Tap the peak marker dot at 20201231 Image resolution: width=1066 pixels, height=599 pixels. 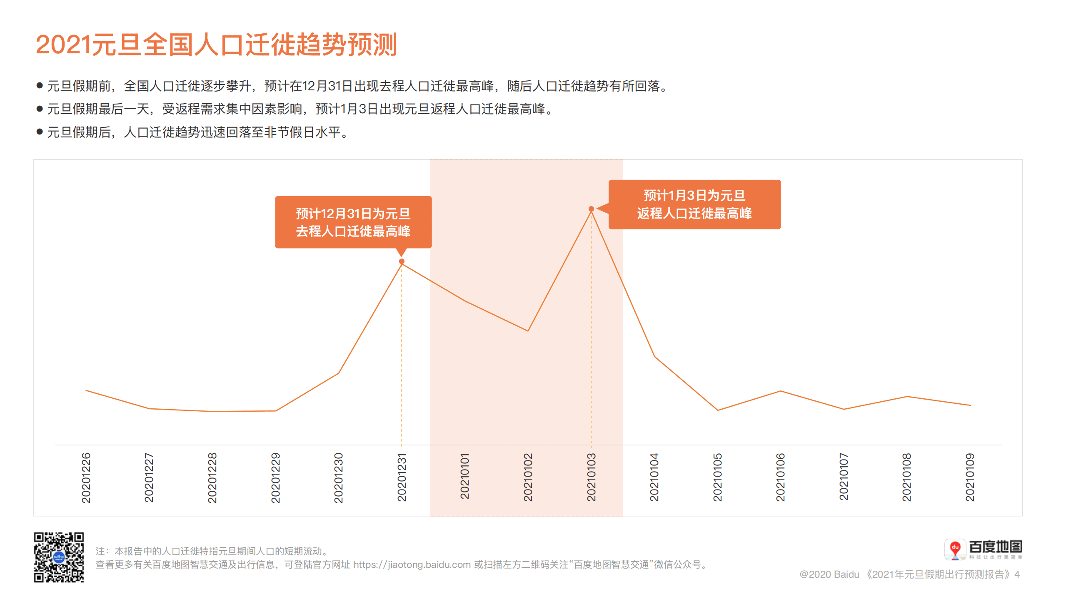(x=402, y=261)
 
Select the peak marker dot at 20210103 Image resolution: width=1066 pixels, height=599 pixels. (x=591, y=209)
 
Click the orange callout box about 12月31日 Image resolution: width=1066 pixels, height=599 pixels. (x=353, y=222)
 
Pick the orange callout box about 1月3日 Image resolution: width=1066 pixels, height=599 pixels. (x=694, y=204)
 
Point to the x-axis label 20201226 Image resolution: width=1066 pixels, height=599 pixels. (x=86, y=477)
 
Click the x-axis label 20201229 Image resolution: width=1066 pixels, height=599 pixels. (x=275, y=477)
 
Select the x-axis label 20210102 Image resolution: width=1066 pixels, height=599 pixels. (x=528, y=477)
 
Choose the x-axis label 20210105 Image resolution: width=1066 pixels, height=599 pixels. (x=717, y=477)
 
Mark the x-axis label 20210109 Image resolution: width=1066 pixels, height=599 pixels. (x=970, y=477)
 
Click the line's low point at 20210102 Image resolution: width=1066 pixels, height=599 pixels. (x=528, y=331)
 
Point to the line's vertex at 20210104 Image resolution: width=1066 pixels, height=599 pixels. (x=654, y=356)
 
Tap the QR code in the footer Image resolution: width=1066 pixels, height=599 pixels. (x=59, y=557)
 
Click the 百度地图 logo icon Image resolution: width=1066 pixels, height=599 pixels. (x=955, y=549)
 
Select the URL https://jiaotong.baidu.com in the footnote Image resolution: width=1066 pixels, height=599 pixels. (x=412, y=564)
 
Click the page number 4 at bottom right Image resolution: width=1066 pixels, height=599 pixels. (x=1017, y=574)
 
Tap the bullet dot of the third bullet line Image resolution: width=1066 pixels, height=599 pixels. (x=40, y=132)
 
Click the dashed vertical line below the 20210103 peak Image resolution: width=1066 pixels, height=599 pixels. (x=591, y=333)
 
